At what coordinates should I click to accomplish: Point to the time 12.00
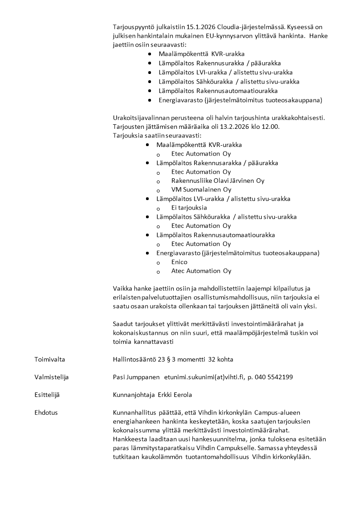(271, 127)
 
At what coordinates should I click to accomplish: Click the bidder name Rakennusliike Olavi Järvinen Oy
(218, 181)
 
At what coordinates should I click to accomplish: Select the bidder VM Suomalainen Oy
(201, 190)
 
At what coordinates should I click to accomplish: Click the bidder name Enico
(179, 262)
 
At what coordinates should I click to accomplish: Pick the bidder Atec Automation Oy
(201, 271)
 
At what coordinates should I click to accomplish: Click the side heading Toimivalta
(49, 359)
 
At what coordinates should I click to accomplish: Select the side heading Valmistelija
(51, 377)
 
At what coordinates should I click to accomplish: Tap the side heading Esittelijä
(47, 395)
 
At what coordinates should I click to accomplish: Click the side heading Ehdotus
(46, 412)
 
